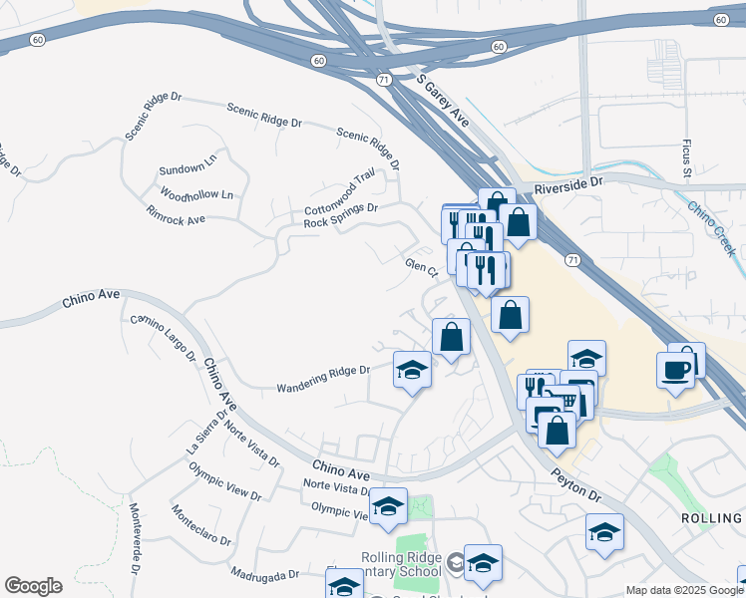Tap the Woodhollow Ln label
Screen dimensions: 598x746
(195, 194)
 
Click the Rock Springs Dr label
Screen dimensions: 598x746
(341, 215)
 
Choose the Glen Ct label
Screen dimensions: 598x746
(422, 267)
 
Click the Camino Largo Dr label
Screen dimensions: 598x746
(164, 340)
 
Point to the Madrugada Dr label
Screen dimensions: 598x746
(264, 575)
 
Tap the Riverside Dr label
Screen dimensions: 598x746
(569, 185)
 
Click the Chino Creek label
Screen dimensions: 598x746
(712, 228)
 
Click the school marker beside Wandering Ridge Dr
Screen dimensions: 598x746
(412, 371)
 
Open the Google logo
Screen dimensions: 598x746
(33, 586)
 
